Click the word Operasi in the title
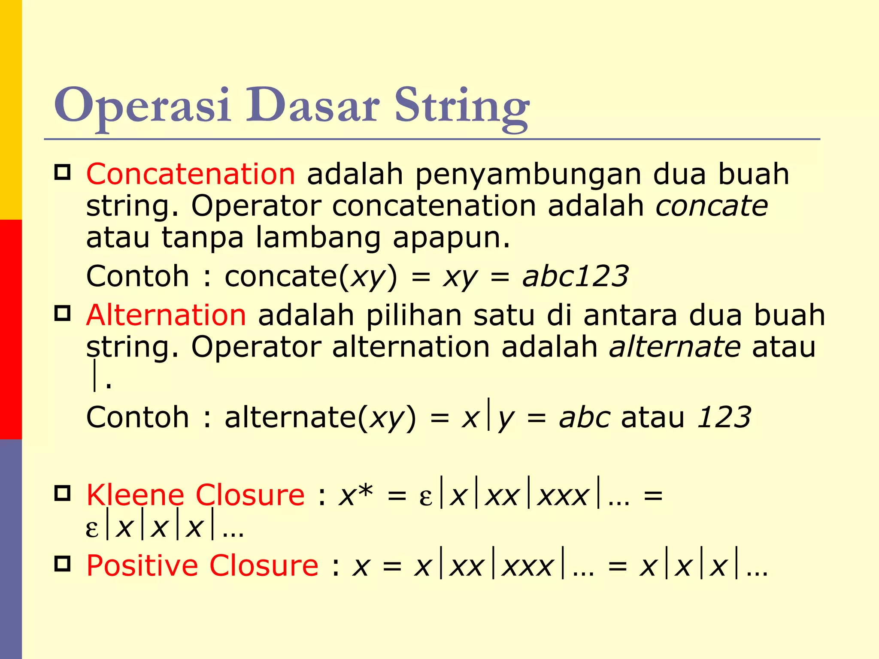142,106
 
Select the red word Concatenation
191,174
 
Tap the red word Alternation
166,315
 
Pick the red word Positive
142,565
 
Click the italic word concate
711,206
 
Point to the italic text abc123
575,276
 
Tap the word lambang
318,239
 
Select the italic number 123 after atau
724,417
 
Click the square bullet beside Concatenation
63,172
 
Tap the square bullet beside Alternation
63,313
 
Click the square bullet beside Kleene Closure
63,493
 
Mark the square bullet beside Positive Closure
63,564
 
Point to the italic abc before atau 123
584,417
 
